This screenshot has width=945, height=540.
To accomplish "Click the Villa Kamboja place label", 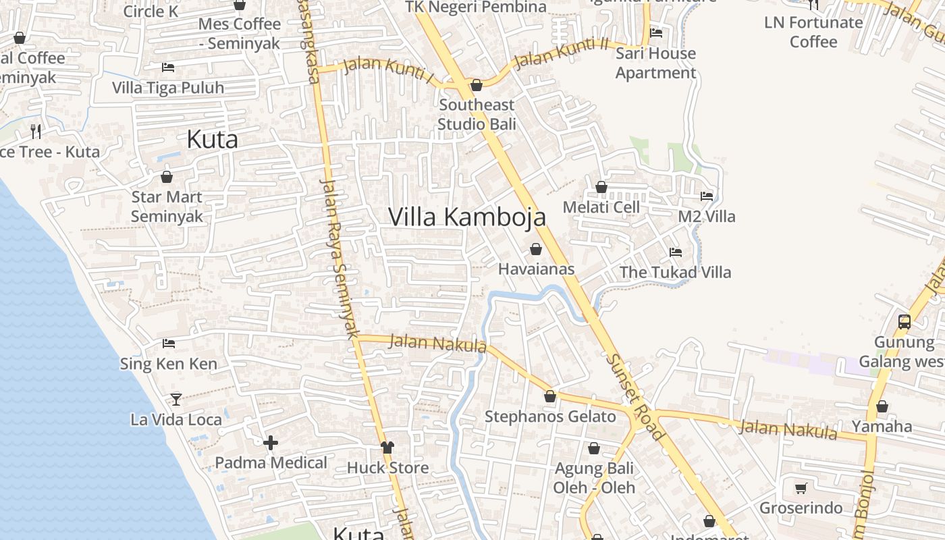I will tap(467, 217).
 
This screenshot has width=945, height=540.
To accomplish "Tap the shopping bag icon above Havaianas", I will tap(536, 249).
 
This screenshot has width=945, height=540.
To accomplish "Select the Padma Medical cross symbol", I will tap(271, 443).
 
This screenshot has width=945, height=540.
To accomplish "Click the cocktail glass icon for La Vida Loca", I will tap(176, 399).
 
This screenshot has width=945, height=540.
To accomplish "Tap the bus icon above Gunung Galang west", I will tap(905, 322).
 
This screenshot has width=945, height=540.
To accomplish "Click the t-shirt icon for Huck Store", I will tap(387, 447).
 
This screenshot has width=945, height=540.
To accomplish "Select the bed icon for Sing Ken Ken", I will tap(169, 344).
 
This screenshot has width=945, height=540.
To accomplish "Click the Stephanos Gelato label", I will tap(550, 416).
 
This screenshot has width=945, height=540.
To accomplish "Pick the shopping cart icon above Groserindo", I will tap(801, 487).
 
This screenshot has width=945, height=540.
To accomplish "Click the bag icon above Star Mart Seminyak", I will tap(167, 177).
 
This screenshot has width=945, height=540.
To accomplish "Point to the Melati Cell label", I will tap(601, 207).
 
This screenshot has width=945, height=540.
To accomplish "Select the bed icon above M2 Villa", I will tap(707, 196).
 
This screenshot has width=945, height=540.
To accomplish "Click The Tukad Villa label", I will tap(675, 272).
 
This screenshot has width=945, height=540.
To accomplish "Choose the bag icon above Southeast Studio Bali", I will tap(477, 85).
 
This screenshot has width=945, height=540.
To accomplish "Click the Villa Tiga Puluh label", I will tap(167, 88).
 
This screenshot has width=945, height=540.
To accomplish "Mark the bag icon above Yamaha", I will tap(882, 406).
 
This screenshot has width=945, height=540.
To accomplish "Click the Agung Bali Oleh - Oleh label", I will tap(594, 477).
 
